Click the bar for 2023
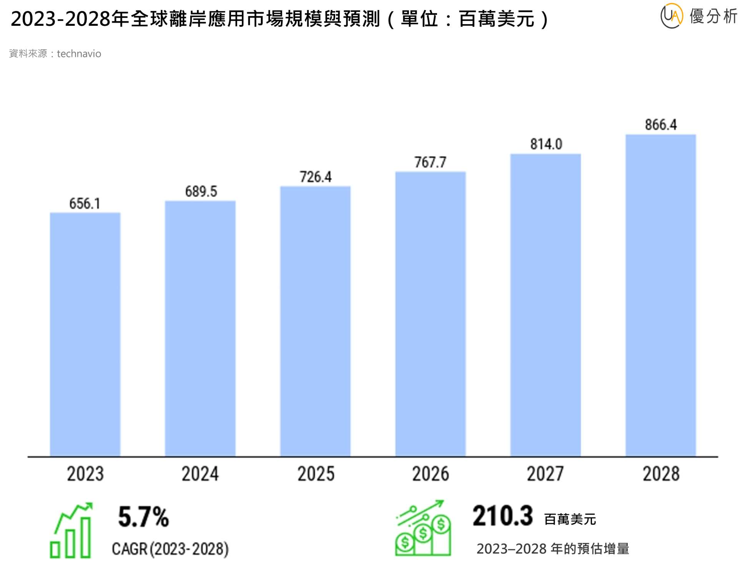click(85, 334)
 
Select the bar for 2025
click(315, 321)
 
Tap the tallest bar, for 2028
click(660, 295)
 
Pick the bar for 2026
click(430, 314)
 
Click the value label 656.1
click(85, 203)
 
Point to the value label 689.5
click(201, 191)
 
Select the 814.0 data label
click(546, 144)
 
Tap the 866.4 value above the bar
click(660, 125)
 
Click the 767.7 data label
click(430, 162)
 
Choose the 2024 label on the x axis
click(200, 474)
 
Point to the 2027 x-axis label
click(545, 474)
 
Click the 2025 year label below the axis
click(316, 474)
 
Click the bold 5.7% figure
click(143, 517)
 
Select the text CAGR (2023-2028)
click(170, 549)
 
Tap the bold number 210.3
click(502, 516)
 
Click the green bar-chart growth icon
click(71, 530)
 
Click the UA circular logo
click(671, 16)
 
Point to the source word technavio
click(79, 54)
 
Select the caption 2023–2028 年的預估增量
click(552, 549)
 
